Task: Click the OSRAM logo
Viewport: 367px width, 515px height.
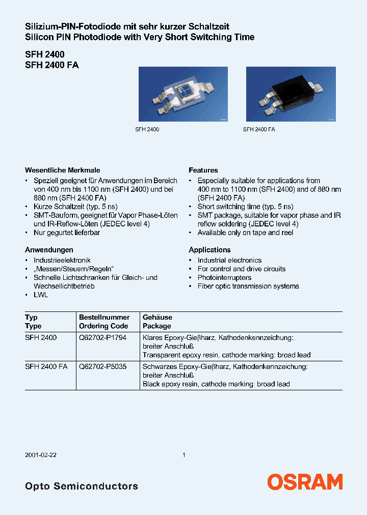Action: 305,482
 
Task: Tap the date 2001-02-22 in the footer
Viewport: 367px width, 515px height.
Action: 41,455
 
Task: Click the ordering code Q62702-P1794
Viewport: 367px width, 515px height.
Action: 102,337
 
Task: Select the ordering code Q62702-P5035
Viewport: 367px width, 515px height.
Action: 102,366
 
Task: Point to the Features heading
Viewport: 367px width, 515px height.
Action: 203,170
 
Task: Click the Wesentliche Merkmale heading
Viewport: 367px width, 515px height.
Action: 63,170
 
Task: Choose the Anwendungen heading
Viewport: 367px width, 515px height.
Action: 49,250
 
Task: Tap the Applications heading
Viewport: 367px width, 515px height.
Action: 209,250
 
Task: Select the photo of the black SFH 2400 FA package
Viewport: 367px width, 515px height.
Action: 291,95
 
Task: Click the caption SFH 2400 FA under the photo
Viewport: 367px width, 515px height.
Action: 259,130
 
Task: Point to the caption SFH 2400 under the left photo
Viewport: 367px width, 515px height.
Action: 147,130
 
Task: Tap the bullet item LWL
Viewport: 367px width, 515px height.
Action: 40,295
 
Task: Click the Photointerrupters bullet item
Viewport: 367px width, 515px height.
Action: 224,277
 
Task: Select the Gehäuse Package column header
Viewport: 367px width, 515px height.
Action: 158,322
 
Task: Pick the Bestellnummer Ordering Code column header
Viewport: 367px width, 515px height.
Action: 104,322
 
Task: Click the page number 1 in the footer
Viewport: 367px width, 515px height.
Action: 183,455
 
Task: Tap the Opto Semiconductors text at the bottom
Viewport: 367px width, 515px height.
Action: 82,486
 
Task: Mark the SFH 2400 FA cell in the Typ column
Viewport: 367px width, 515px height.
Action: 46,366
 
